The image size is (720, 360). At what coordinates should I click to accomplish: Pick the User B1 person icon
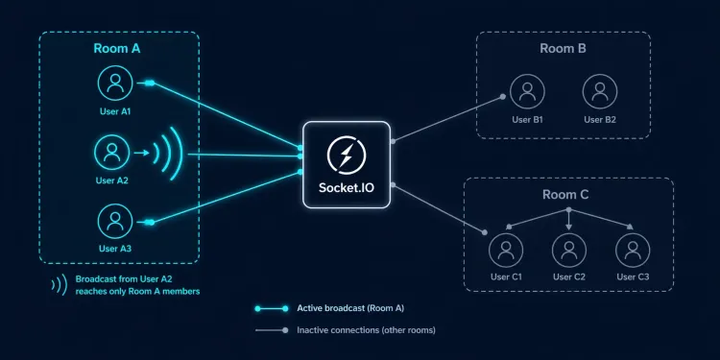[x=526, y=92]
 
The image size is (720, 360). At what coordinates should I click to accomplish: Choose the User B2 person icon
[x=599, y=92]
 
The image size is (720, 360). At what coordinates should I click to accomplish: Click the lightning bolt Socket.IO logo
[x=345, y=155]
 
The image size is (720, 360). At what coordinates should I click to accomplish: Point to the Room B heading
[x=563, y=49]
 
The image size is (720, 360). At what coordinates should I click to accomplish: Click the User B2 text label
[x=599, y=119]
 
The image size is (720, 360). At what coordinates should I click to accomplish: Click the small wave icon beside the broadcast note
[x=58, y=284]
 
